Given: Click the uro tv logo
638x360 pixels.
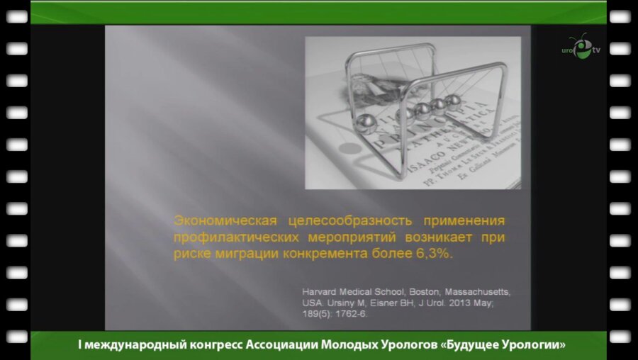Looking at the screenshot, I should [x=580, y=50].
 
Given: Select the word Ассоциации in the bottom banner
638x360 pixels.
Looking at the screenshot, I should [x=279, y=346].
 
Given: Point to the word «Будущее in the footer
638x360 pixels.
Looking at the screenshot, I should [x=463, y=346].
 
